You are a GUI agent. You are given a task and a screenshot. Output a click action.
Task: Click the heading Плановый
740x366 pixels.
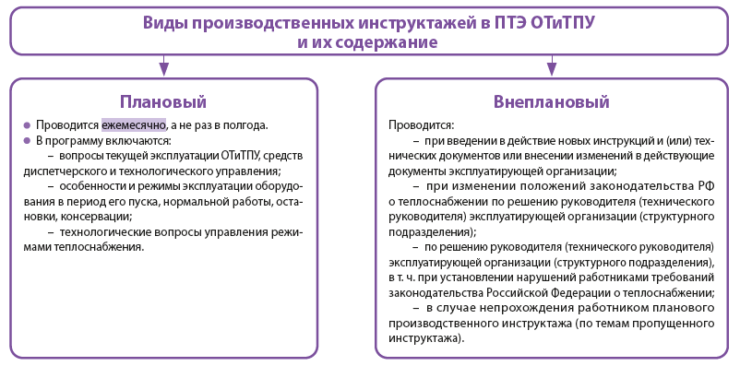pos(163,101)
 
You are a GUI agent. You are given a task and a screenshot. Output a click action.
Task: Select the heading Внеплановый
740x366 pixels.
pos(552,101)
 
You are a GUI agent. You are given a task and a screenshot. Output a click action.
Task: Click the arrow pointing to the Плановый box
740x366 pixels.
pos(163,65)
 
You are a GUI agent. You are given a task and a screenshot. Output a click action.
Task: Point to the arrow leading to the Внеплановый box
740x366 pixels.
pos(552,65)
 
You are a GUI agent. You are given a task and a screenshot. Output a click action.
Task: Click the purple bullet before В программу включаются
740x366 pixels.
pos(27,141)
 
